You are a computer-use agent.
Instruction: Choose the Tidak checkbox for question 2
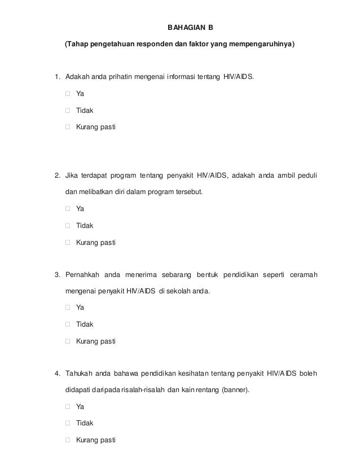(x=68, y=226)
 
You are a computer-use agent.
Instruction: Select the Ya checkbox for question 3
(x=68, y=308)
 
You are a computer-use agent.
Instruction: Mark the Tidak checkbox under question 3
(x=68, y=324)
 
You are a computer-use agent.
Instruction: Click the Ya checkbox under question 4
(x=68, y=406)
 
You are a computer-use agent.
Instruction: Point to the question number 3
(x=57, y=275)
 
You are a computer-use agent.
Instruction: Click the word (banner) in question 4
(x=235, y=390)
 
